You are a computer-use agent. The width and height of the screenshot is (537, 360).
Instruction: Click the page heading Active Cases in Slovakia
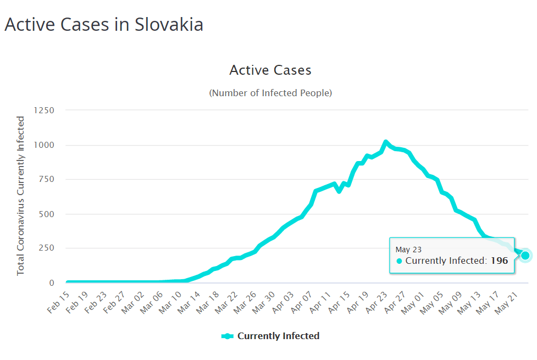(104, 25)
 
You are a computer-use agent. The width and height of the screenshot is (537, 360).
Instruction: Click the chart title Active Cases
(270, 70)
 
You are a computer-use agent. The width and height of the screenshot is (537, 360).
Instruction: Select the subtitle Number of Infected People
(270, 93)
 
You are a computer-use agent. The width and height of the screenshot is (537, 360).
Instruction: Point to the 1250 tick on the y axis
(43, 110)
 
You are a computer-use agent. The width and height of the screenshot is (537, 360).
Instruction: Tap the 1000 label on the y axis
(43, 145)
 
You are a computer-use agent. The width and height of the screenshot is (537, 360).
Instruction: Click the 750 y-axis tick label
(46, 180)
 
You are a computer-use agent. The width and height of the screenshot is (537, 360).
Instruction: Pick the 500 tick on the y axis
(46, 214)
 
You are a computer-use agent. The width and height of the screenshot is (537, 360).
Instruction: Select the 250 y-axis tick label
(46, 248)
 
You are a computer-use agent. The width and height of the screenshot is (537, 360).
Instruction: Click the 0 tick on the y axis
(52, 283)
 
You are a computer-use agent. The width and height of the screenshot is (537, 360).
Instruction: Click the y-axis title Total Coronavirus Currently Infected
(21, 196)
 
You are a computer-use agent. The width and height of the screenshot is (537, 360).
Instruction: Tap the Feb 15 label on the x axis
(59, 300)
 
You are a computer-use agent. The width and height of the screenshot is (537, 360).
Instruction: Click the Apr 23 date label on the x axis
(376, 300)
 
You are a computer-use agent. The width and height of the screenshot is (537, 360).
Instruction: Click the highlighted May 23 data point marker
(525, 255)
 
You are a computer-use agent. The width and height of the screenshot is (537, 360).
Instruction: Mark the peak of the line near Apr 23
(386, 142)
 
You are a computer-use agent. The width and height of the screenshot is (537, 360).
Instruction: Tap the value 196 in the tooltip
(499, 261)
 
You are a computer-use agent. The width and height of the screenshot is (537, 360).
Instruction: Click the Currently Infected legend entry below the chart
(270, 336)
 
